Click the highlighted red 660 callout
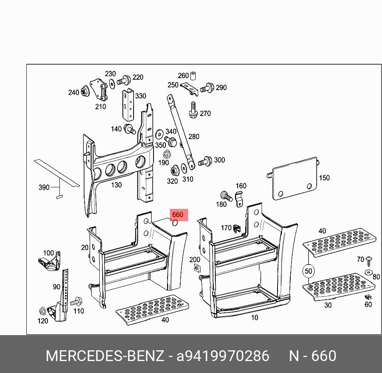(177, 215)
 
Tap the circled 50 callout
(308, 271)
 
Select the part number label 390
(44, 187)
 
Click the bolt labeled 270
(193, 110)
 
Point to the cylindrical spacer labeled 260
(194, 76)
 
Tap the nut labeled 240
(85, 91)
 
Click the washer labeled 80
(368, 273)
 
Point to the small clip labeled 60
(368, 296)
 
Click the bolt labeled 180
(226, 196)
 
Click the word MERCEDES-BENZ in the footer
(104, 355)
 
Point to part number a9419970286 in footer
(223, 355)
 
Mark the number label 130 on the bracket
(116, 185)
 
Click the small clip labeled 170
(238, 228)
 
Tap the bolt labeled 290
(207, 88)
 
